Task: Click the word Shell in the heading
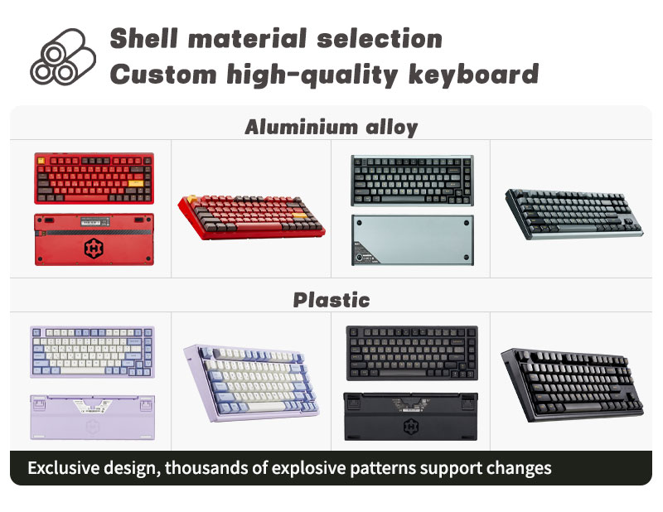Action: pyautogui.click(x=142, y=38)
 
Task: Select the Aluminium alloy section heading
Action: pyautogui.click(x=331, y=127)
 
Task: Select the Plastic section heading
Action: pyautogui.click(x=331, y=299)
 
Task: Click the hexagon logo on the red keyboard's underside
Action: pyautogui.click(x=92, y=248)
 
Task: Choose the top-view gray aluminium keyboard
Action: pyautogui.click(x=411, y=180)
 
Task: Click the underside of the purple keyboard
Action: pyautogui.click(x=90, y=417)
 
